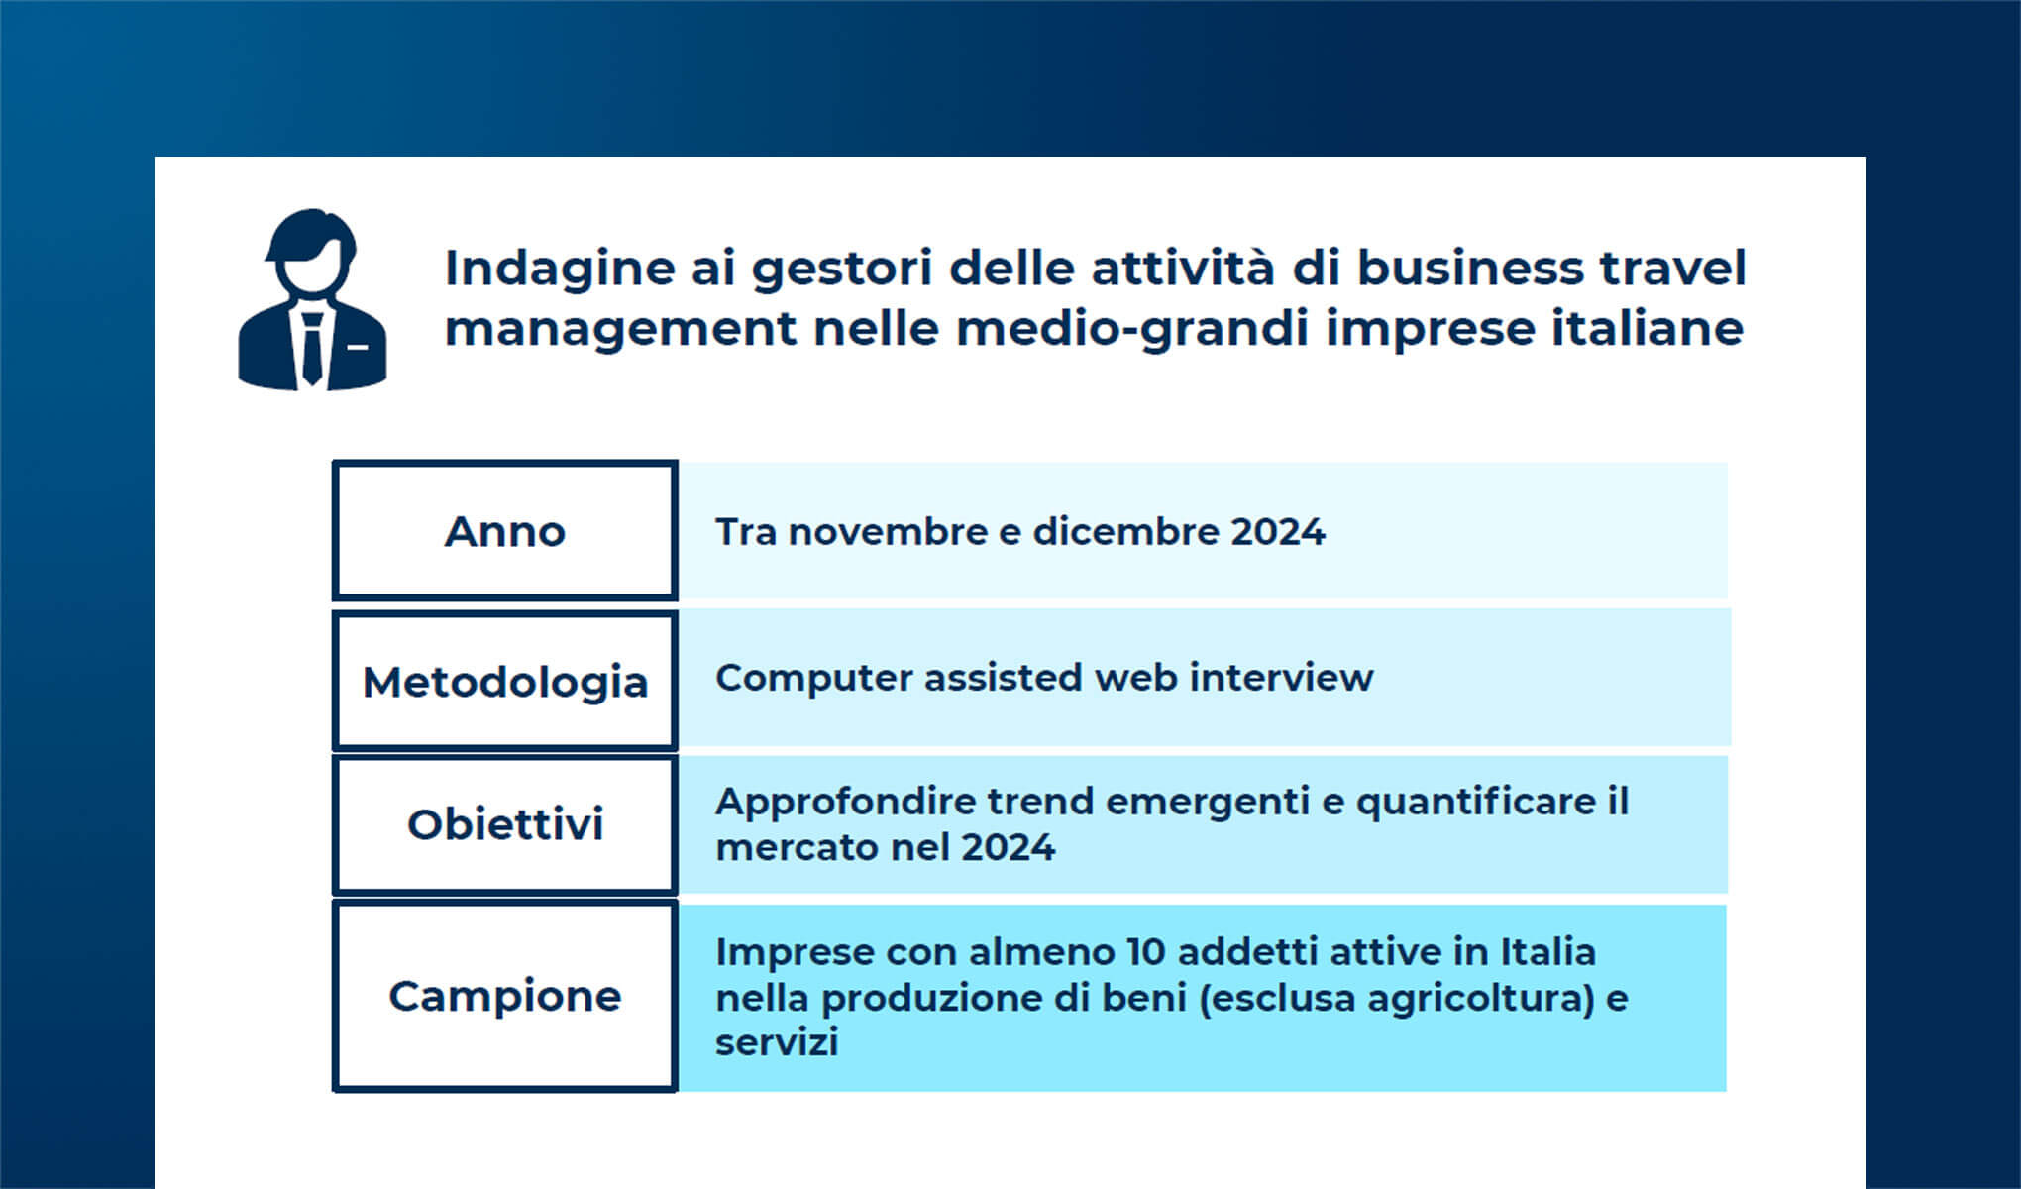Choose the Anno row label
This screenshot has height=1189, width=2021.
(505, 532)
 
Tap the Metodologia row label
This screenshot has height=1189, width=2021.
(505, 682)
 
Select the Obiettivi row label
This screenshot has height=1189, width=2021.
(505, 824)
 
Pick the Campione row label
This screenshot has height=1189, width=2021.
(505, 996)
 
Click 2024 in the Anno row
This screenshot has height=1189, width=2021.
(1278, 532)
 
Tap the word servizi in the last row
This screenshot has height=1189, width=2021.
(777, 1042)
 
